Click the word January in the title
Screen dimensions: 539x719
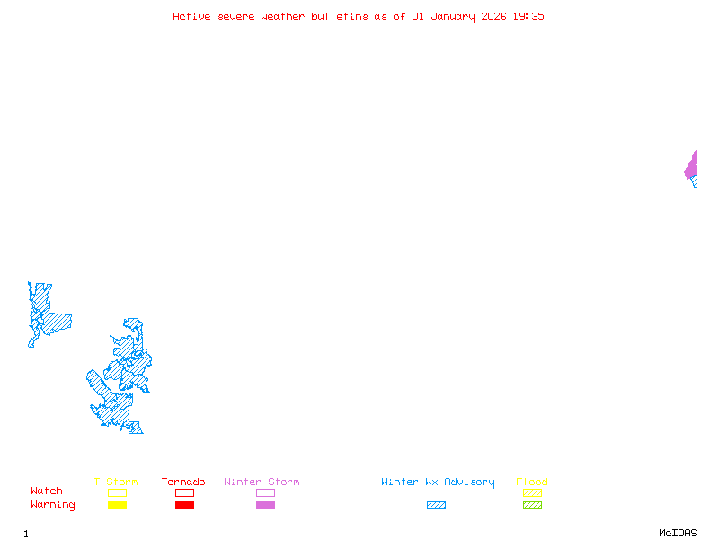pos(450,16)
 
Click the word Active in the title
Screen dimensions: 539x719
pos(191,16)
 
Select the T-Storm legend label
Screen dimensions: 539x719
pos(116,482)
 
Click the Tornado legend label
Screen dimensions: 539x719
pos(183,482)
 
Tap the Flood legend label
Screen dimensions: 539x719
pos(532,482)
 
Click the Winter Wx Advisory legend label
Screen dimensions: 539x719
pos(438,482)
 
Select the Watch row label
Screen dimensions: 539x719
pos(47,491)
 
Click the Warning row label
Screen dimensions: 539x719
pos(53,505)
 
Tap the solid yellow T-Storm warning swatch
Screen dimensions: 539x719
pos(117,505)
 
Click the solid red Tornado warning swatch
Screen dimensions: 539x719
pos(184,505)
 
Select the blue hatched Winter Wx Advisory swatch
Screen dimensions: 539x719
pos(436,505)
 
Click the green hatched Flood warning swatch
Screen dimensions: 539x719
pos(532,505)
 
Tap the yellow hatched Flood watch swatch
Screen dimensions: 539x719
pos(532,492)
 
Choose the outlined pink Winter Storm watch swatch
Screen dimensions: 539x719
pos(265,492)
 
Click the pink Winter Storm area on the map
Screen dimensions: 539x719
pos(691,166)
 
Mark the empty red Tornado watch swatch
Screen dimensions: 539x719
pos(184,492)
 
